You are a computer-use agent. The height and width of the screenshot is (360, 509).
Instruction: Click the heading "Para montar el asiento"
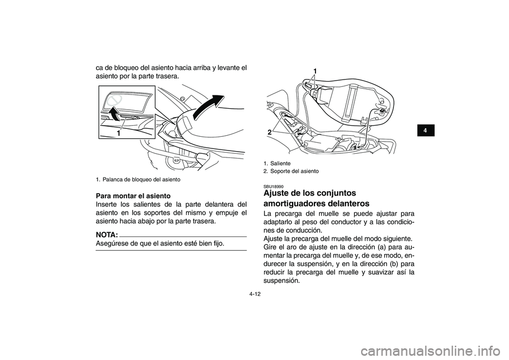tap(133, 196)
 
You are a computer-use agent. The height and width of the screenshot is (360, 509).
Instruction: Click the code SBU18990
tap(274, 187)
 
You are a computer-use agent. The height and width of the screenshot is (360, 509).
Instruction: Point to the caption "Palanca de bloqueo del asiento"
tap(141, 180)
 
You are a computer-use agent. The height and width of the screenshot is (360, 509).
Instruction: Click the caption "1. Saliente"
tap(277, 163)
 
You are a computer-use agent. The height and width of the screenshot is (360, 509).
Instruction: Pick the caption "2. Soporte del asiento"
tap(291, 171)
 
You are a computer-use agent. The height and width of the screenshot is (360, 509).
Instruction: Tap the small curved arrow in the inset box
tap(113, 113)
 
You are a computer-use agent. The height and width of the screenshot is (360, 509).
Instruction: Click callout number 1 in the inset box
tap(118, 133)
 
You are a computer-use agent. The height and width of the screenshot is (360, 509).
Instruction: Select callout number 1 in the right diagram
tap(315, 71)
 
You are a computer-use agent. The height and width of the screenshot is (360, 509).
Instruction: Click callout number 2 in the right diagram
tap(269, 132)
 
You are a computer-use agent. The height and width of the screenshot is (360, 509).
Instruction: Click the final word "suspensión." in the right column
tap(282, 281)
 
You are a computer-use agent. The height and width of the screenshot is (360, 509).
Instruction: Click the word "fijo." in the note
tap(217, 243)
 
